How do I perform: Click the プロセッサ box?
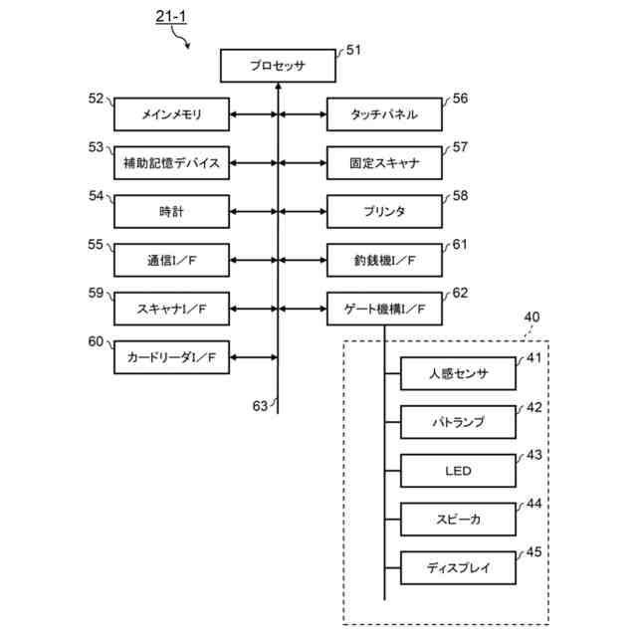pyautogui.click(x=278, y=66)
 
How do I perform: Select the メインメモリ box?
pyautogui.click(x=171, y=114)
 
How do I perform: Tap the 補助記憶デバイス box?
pyautogui.click(x=171, y=163)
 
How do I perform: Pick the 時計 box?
pyautogui.click(x=171, y=212)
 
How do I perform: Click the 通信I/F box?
pyautogui.click(x=171, y=260)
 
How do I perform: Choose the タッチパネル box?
pyautogui.click(x=384, y=114)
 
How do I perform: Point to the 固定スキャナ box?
pyautogui.click(x=384, y=163)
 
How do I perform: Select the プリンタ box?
pyautogui.click(x=384, y=212)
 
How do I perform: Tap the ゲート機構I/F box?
pyautogui.click(x=384, y=309)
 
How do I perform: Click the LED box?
pyautogui.click(x=458, y=471)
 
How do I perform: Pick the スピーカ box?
pyautogui.click(x=458, y=520)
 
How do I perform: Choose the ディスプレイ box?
pyautogui.click(x=458, y=568)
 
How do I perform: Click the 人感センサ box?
pyautogui.click(x=458, y=374)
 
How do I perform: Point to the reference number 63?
pyautogui.click(x=260, y=406)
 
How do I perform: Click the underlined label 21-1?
pyautogui.click(x=171, y=17)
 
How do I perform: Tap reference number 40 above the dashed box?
pyautogui.click(x=531, y=317)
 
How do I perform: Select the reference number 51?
pyautogui.click(x=353, y=50)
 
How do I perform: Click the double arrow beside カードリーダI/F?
pyautogui.click(x=254, y=357)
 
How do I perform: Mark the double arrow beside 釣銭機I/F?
pyautogui.click(x=303, y=260)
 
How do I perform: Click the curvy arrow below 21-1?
pyautogui.click(x=180, y=36)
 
